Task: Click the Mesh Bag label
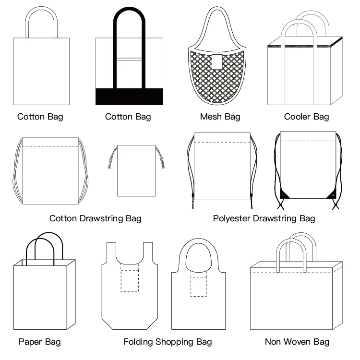pyautogui.click(x=220, y=117)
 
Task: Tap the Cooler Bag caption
pyautogui.click(x=306, y=117)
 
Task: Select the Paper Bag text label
pyautogui.click(x=40, y=342)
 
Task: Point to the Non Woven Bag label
pyautogui.click(x=297, y=342)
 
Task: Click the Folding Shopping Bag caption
pyautogui.click(x=168, y=342)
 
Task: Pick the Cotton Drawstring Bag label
pyautogui.click(x=96, y=218)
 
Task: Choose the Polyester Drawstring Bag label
pyautogui.click(x=264, y=218)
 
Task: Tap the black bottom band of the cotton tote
pyautogui.click(x=129, y=96)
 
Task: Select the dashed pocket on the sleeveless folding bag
pyautogui.click(x=129, y=281)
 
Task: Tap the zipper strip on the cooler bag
pyautogui.click(x=298, y=46)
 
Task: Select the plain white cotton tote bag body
pyautogui.click(x=41, y=71)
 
